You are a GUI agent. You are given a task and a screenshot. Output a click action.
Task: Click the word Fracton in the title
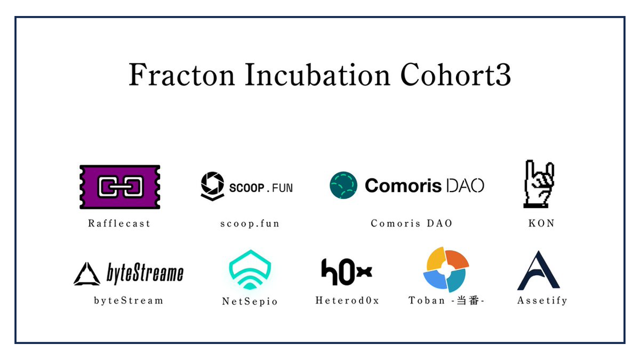pyautogui.click(x=182, y=75)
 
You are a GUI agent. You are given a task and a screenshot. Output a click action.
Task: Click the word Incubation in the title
pyautogui.click(x=317, y=75)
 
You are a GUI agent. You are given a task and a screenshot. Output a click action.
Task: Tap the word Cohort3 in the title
pyautogui.click(x=455, y=75)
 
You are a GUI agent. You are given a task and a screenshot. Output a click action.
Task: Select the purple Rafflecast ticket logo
pyautogui.click(x=119, y=187)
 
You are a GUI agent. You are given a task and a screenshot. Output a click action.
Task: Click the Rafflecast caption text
pyautogui.click(x=119, y=223)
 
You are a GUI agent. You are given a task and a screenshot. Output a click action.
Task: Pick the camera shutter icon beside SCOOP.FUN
pyautogui.click(x=212, y=186)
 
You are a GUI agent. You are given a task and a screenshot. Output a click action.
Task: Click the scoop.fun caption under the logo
pyautogui.click(x=250, y=223)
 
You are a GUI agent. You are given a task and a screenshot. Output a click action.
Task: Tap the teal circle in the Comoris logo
pyautogui.click(x=343, y=185)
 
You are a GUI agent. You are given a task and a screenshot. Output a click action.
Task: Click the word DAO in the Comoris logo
pyautogui.click(x=465, y=186)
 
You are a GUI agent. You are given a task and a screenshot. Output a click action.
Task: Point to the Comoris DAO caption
pyautogui.click(x=411, y=223)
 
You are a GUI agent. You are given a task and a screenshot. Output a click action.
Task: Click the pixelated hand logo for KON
pyautogui.click(x=539, y=183)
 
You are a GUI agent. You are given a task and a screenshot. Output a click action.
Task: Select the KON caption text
pyautogui.click(x=541, y=223)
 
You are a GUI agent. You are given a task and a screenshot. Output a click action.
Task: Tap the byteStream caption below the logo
pyautogui.click(x=129, y=300)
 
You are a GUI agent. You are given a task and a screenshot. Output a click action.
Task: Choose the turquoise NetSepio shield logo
pyautogui.click(x=250, y=270)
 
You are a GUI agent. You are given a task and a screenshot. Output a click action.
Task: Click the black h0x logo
pyautogui.click(x=347, y=272)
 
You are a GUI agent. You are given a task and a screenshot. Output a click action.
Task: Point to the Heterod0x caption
pyautogui.click(x=347, y=300)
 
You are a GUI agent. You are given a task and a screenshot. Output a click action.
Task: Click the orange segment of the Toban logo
pyautogui.click(x=457, y=259)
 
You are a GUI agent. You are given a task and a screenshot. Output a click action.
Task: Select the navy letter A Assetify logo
pyautogui.click(x=539, y=270)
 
